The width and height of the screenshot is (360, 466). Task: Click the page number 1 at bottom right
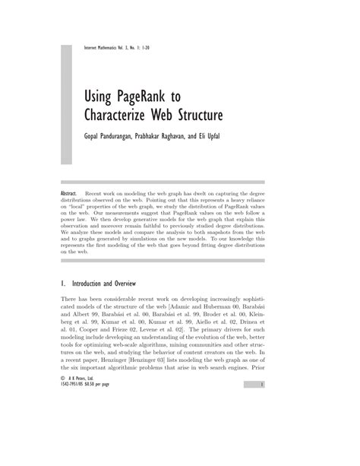click(x=261, y=449)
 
